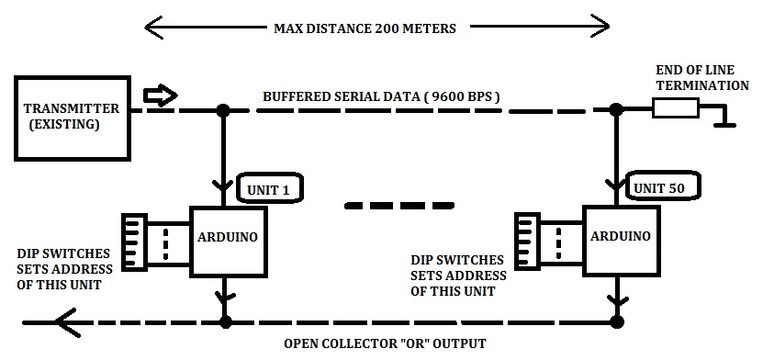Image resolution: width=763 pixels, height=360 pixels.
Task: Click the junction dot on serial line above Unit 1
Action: point(222,110)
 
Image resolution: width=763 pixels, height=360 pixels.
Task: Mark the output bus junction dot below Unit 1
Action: point(222,322)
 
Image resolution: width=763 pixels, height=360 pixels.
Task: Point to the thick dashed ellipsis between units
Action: point(400,204)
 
